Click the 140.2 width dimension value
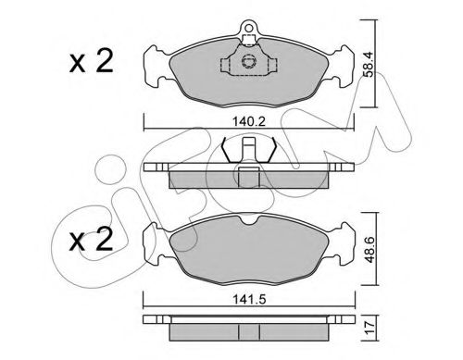point(249,121)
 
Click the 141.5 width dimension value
point(249,299)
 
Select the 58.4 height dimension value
point(369,64)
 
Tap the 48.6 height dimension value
point(369,250)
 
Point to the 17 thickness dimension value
point(369,329)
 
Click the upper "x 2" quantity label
point(92,62)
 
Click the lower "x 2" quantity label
point(92,239)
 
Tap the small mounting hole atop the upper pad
point(248,28)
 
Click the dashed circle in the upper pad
point(248,61)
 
